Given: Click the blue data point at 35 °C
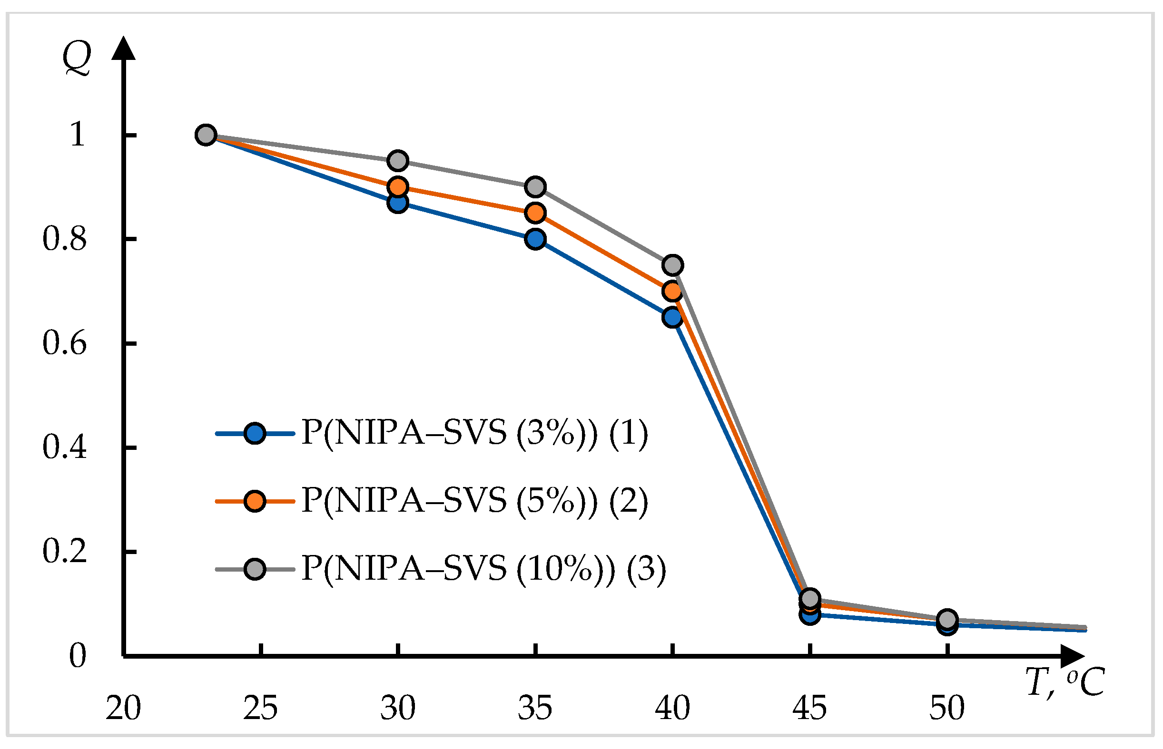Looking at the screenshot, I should pos(535,239).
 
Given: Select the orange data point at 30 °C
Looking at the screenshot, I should pos(397,187).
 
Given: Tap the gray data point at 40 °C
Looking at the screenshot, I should pos(672,265).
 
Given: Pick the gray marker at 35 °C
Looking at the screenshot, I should pos(535,187).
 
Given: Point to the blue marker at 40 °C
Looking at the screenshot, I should pos(672,317).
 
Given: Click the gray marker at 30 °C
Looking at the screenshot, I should pos(397,161).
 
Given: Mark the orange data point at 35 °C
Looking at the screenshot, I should pos(535,213).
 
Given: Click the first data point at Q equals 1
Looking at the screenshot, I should pos(206,135).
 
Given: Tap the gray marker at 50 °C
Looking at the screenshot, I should pos(947,620).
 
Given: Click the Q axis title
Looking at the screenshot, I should pos(77,58).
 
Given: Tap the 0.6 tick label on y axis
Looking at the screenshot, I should pos(64,343).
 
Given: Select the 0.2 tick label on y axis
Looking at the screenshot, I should pos(64,552).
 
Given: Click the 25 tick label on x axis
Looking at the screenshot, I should pos(260,708).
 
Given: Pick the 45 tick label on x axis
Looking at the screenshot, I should pos(809,708).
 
